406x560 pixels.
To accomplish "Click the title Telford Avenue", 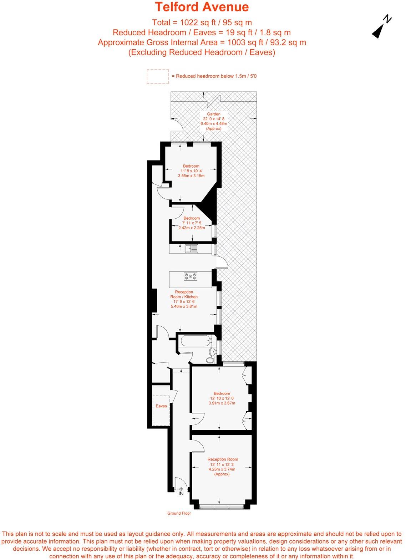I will pos(202,7).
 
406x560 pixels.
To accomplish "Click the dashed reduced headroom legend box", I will pos(157,76).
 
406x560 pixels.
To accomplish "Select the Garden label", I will pos(214,114).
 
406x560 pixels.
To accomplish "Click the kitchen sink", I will pos(192,249).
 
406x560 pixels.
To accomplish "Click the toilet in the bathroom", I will pos(210,360).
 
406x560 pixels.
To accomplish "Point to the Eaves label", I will pos(161,406).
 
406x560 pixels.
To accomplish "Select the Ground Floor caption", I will pos(179,513).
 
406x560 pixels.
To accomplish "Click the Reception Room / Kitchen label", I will pos(184,294).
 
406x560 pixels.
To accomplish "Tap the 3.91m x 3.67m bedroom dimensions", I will pos(222,403).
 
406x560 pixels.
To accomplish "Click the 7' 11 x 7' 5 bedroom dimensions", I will pos(192,223).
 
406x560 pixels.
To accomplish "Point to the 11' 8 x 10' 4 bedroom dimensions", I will pos(191,171).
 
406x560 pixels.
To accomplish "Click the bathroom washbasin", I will pos(213,351).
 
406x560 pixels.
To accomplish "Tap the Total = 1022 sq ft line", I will pos(202,22).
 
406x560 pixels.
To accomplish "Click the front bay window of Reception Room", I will pos(222,506).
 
